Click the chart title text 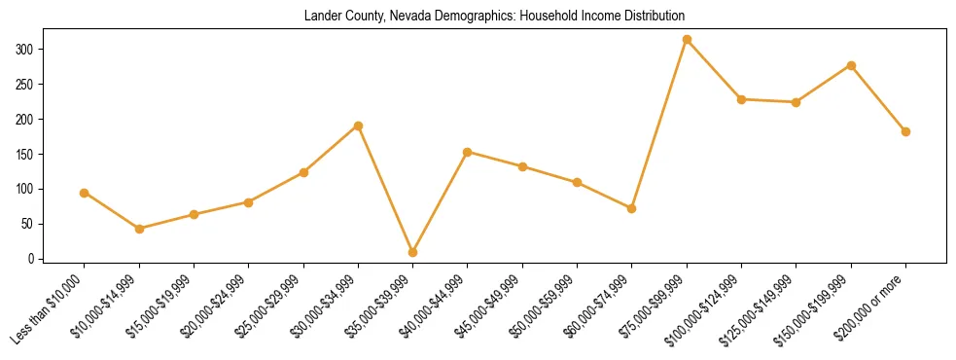pos(494,16)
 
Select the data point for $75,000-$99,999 pos(687,40)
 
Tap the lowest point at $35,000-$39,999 pos(413,252)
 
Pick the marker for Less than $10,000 pos(85,193)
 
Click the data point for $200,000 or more pos(905,131)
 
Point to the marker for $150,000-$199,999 pos(851,65)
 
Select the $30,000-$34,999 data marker pos(358,126)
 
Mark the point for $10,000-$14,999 pos(139,229)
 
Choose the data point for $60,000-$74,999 pos(632,208)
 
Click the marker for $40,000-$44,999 pos(468,152)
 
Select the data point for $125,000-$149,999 pos(797,102)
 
